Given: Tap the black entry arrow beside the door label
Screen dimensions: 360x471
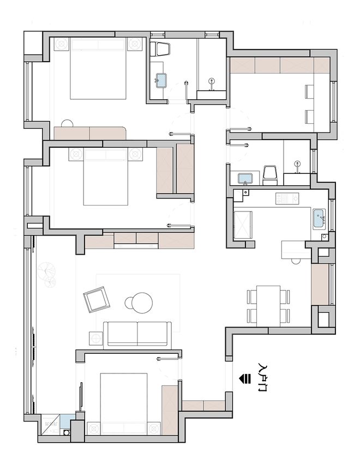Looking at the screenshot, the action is coord(244,378).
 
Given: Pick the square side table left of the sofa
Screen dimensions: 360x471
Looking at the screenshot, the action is coord(96,339).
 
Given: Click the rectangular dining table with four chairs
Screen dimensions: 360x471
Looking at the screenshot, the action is coord(268,306).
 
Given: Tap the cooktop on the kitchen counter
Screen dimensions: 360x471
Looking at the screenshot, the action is coord(287,199).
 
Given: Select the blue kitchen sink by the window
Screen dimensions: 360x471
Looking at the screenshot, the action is coord(319,219).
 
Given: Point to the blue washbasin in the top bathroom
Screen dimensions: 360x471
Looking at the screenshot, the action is coord(161,80).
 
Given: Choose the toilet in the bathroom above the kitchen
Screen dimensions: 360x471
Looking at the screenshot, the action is coord(269,176).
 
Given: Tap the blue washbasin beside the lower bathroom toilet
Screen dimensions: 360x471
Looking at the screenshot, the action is coord(246,178).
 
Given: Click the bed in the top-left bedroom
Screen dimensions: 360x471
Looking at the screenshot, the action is coord(98,69).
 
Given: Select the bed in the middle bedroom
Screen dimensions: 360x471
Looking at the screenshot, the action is coord(105,177).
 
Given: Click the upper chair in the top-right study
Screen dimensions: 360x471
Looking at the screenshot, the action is coord(309,92).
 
